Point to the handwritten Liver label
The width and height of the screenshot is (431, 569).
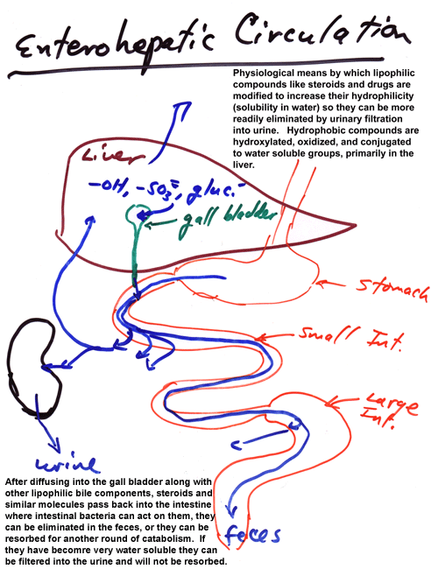113,156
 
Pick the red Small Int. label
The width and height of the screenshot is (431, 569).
350,337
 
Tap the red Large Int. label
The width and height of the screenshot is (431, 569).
389,410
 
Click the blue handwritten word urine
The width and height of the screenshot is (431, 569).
67,463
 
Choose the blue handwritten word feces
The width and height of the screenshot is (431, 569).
252,534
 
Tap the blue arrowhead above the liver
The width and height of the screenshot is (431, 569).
182,109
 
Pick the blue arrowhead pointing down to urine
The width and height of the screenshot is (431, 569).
53,445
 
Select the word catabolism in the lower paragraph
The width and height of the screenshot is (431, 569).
179,538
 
